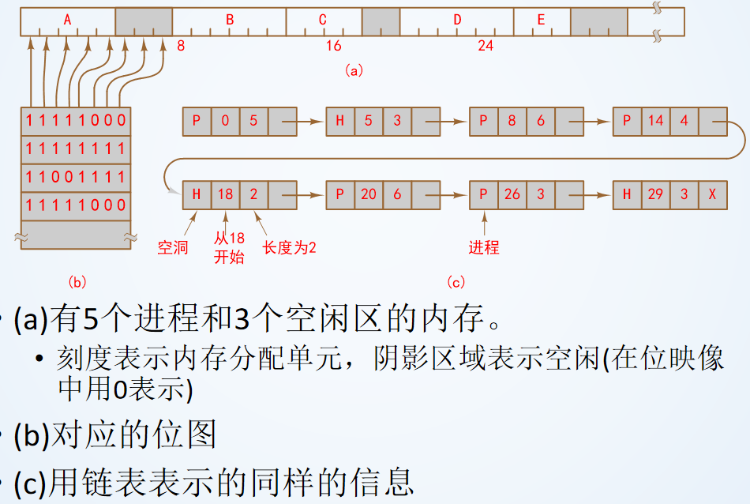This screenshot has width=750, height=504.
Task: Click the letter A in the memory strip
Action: click(68, 20)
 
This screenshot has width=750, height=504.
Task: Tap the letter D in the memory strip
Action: click(457, 20)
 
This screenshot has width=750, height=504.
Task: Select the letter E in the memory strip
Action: click(541, 20)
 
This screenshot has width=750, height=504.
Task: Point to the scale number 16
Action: click(334, 46)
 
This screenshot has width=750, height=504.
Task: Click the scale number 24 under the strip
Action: click(486, 46)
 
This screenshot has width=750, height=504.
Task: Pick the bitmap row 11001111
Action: click(76, 176)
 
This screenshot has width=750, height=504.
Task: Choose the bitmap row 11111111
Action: click(76, 149)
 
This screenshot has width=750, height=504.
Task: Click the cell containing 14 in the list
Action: click(655, 121)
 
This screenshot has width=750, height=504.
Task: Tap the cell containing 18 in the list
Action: click(225, 194)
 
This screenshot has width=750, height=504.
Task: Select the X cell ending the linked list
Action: click(712, 194)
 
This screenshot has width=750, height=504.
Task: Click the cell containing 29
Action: click(655, 194)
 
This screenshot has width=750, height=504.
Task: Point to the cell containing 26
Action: click(512, 194)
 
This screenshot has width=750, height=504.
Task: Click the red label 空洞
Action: click(173, 248)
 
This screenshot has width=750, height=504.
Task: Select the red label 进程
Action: click(484, 248)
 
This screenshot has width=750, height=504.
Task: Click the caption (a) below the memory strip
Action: click(353, 70)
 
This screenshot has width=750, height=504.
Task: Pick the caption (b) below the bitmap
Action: click(77, 281)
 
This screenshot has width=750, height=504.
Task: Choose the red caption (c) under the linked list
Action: click(456, 281)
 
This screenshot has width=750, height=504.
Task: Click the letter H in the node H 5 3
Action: click(340, 121)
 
